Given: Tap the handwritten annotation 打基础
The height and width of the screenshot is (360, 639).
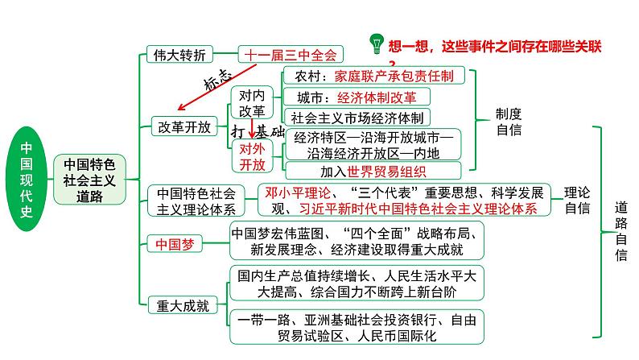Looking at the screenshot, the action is click(258, 130).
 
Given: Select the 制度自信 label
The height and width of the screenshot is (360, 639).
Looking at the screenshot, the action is click(509, 122).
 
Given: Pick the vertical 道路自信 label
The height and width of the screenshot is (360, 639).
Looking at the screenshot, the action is click(620, 229).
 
